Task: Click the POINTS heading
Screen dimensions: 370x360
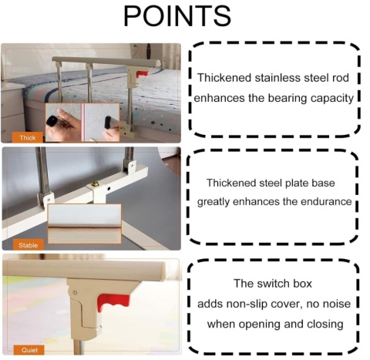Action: click(x=177, y=16)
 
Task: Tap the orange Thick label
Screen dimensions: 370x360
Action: click(x=28, y=138)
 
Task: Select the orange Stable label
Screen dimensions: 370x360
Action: click(x=28, y=245)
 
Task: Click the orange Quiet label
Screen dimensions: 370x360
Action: click(x=29, y=350)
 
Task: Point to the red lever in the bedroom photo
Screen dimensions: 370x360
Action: click(x=142, y=74)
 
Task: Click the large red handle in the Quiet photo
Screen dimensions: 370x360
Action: click(x=113, y=302)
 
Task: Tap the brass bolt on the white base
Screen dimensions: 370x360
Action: click(x=96, y=183)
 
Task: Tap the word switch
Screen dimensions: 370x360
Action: click(x=272, y=284)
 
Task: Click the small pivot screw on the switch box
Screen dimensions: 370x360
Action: click(x=75, y=293)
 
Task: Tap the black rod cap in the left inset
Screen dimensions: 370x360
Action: click(x=52, y=121)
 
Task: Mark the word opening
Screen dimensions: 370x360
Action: click(x=259, y=325)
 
